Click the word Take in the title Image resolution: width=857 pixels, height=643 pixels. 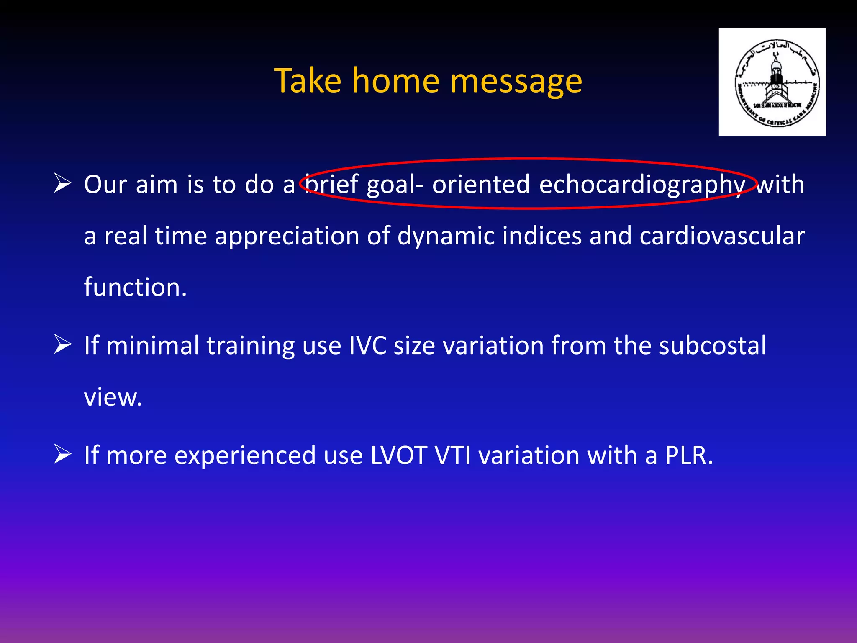click(x=308, y=80)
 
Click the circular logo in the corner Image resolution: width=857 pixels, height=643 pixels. click(x=772, y=82)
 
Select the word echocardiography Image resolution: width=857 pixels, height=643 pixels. click(x=642, y=185)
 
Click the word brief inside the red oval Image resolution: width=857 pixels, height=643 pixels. click(x=331, y=184)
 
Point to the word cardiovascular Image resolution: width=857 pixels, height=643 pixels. click(x=722, y=236)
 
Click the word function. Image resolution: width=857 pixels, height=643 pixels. click(x=135, y=288)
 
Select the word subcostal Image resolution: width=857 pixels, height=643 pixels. click(x=712, y=346)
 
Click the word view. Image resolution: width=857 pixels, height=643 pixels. click(x=113, y=397)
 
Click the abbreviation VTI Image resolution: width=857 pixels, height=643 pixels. click(x=453, y=455)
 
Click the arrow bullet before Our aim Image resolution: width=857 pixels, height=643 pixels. click(x=63, y=184)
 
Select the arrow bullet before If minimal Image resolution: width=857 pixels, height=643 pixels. click(x=63, y=345)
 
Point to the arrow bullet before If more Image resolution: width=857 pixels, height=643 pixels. click(x=63, y=455)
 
